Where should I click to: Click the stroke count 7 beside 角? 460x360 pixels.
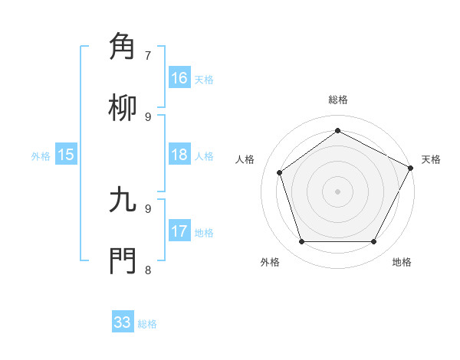148,55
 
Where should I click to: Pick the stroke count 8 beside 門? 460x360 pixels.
148,270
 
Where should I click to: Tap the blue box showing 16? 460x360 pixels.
179,78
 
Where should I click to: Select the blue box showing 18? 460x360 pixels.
179,155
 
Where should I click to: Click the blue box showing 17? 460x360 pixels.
179,231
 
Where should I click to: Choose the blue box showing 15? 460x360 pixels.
66,155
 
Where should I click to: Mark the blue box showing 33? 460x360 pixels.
123,322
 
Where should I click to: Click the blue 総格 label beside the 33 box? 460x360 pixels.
147,324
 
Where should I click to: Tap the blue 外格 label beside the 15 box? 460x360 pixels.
41,156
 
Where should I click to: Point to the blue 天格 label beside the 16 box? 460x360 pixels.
204,80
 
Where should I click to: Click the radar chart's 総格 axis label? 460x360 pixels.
337,100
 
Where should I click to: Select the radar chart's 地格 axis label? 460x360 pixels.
402,263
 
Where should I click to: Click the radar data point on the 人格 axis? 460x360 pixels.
280,172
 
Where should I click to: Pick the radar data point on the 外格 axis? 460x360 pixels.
301,241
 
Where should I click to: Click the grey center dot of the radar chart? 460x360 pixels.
337,191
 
